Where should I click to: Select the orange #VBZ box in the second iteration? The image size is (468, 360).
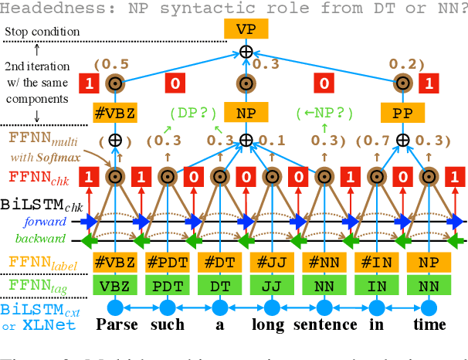click(116, 113)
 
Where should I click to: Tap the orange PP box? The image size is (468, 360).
click(402, 113)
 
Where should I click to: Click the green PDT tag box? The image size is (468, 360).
click(167, 286)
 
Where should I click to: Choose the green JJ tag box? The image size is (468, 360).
click(271, 286)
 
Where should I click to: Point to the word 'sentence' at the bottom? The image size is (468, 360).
click(324, 325)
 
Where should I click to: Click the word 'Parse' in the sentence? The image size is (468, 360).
click(117, 325)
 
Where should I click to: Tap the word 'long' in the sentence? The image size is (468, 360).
click(270, 325)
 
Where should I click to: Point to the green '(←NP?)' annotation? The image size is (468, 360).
click(324, 113)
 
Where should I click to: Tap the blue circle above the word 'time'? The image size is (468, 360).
click(429, 307)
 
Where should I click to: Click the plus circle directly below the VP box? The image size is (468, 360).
click(246, 53)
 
